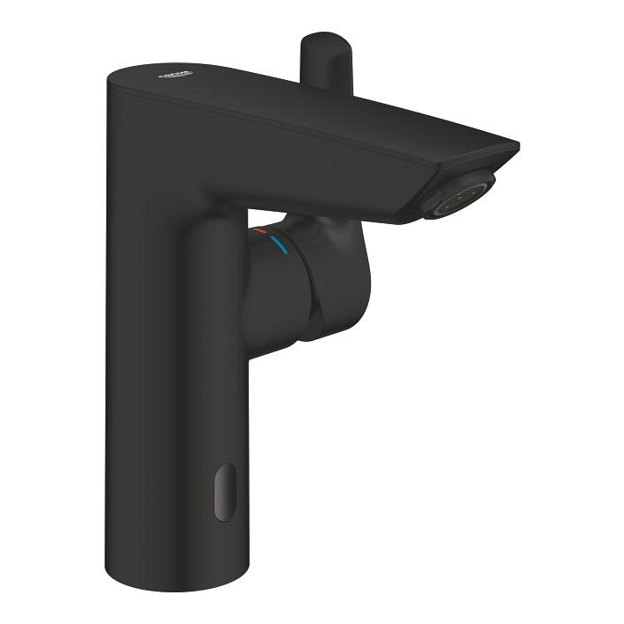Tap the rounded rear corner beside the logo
(x=119, y=79)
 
